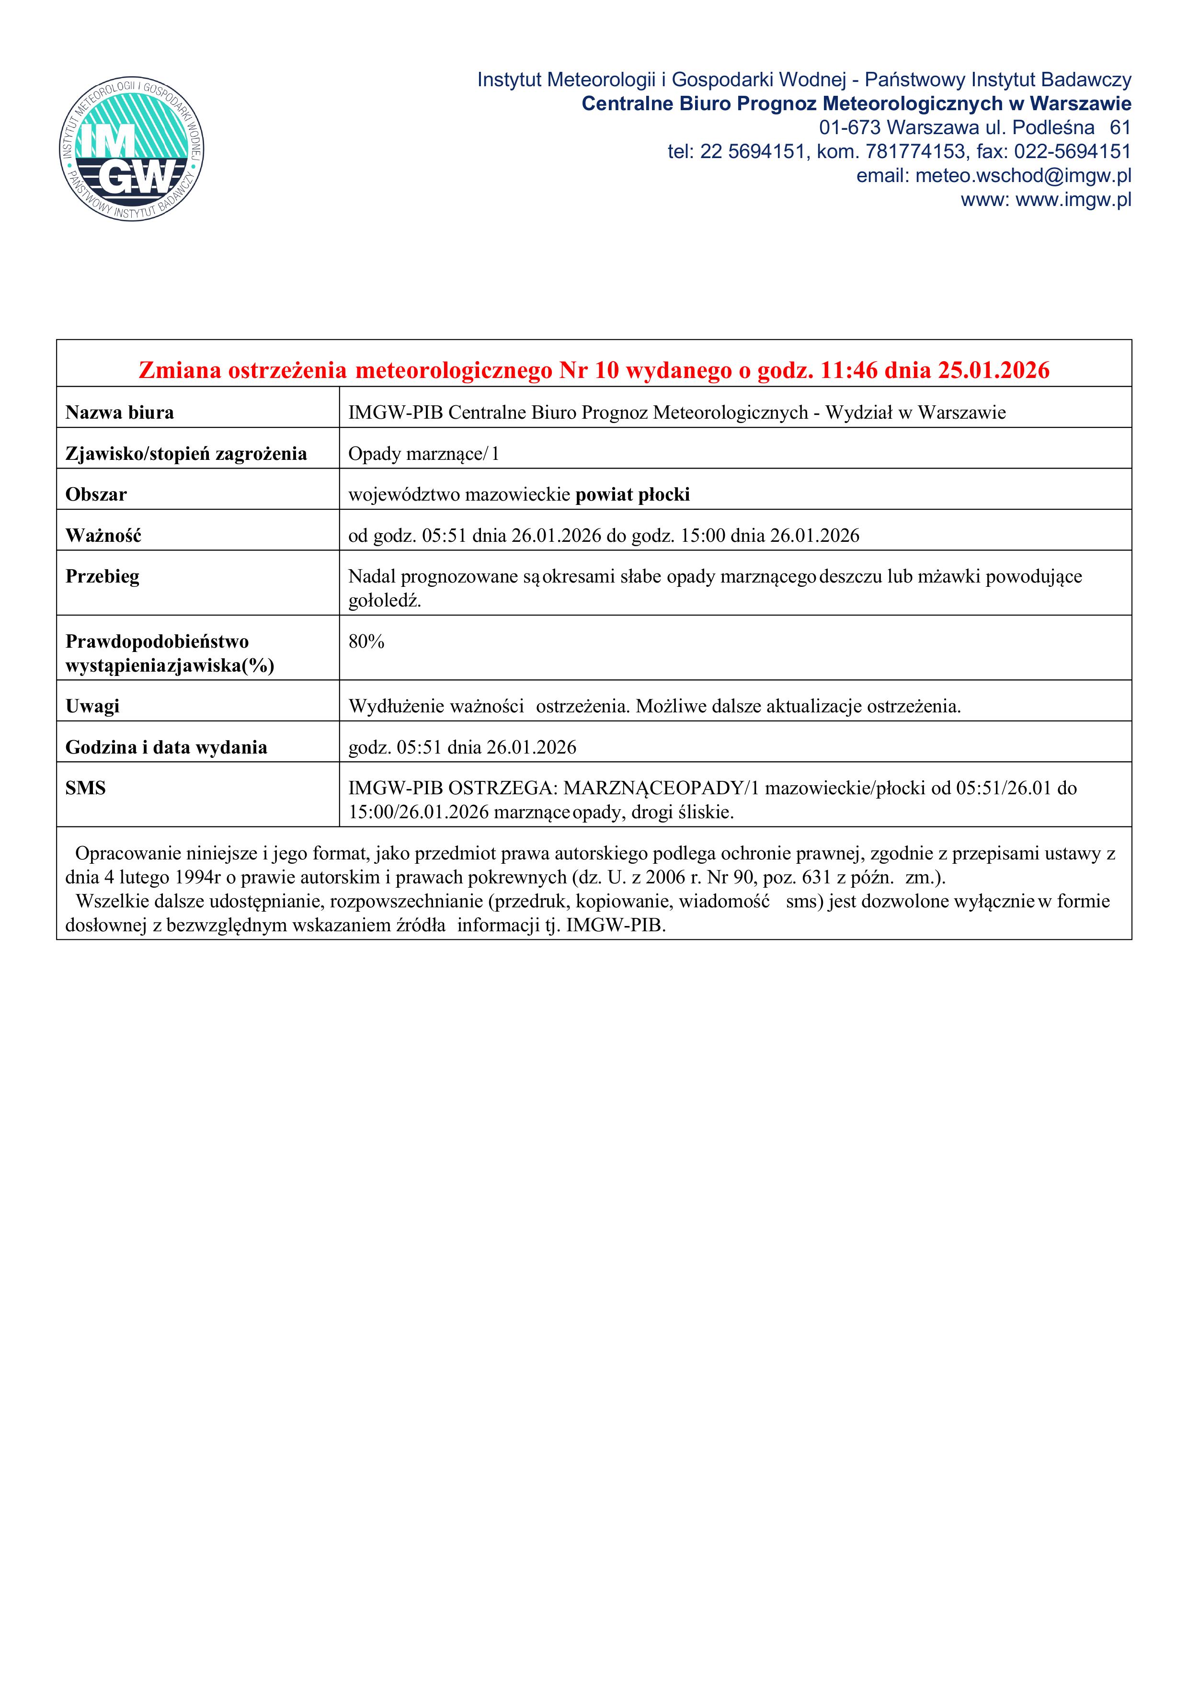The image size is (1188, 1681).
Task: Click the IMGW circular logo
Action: (132, 150)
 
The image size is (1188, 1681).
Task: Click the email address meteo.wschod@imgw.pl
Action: (1023, 176)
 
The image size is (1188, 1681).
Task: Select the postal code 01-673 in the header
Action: (849, 128)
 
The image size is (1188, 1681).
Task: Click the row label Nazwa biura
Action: (119, 413)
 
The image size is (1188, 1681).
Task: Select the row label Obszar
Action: (96, 495)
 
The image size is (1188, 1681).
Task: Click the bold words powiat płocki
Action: (632, 495)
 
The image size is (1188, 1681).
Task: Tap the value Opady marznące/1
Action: (423, 454)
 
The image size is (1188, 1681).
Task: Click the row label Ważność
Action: (103, 536)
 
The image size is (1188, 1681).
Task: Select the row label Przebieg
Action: (102, 577)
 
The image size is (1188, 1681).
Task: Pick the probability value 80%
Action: (366, 642)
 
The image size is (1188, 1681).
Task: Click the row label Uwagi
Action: (92, 707)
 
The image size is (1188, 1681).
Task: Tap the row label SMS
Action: (86, 789)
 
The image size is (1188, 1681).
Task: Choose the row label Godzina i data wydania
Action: (166, 747)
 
